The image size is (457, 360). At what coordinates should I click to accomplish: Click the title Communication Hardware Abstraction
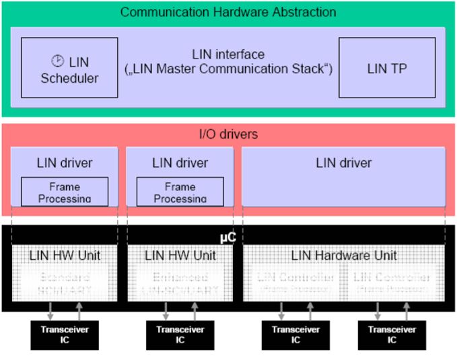pos(227,12)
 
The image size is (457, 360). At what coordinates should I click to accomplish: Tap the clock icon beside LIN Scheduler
pos(58,61)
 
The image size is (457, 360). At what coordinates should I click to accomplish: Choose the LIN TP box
pos(386,67)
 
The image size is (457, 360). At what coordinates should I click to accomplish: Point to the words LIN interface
pos(228,54)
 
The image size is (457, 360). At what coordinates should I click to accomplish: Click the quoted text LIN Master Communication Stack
pos(228,69)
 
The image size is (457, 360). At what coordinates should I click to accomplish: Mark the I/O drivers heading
pos(227,135)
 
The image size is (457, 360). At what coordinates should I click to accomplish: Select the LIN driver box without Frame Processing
pos(343,176)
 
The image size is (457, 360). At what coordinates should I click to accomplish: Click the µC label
pos(227,238)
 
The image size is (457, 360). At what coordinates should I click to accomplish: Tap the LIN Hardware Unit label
pos(344,256)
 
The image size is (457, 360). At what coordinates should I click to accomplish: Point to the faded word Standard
pos(65,277)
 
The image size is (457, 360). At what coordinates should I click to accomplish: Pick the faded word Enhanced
pos(180,277)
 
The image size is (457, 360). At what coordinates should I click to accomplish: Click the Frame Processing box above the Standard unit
pos(65,192)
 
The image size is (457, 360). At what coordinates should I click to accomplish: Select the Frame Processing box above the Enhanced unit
pos(180,192)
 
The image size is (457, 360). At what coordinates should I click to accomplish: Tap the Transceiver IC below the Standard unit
pos(65,334)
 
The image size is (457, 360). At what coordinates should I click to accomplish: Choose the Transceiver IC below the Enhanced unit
pos(180,334)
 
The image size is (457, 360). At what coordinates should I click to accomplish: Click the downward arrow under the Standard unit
pos(51,312)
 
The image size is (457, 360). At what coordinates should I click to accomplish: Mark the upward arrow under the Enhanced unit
pos(195,312)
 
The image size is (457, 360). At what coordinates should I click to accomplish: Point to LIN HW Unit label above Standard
pos(65,256)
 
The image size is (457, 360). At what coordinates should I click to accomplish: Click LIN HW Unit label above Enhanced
pos(180,256)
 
